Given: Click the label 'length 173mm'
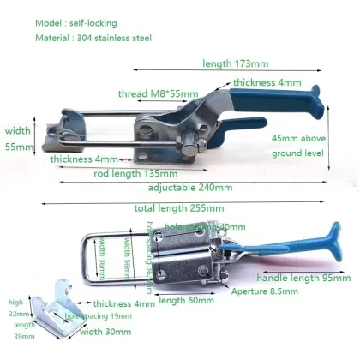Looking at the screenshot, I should coord(237,63).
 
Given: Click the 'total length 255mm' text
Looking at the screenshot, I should coord(179,208).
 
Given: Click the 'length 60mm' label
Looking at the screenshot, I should coord(184,300).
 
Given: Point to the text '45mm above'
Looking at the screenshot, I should coord(298,138).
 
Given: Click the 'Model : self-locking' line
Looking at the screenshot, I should coord(75,22).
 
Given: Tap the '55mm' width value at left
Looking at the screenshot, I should coord(18,147).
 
